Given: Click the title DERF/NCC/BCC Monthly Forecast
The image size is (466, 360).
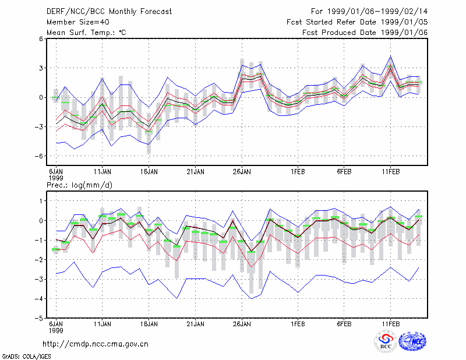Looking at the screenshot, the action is coord(109,12).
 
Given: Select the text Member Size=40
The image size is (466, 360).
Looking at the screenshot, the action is coord(78,22).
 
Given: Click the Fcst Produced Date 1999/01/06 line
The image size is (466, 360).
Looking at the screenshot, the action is coord(365,33).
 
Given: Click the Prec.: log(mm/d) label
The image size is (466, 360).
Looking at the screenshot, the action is coord(79,185).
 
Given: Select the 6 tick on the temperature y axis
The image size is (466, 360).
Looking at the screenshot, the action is coord(41,38).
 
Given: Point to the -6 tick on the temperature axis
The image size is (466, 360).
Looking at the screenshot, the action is coord(39,156).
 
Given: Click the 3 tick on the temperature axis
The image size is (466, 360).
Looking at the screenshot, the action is coord(41,68).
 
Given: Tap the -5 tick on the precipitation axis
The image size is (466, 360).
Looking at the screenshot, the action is coord(39,318).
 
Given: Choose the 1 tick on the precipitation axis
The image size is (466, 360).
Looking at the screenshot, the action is coord(41,201).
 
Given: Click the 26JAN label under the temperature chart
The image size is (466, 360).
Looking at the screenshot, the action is coord(242,172).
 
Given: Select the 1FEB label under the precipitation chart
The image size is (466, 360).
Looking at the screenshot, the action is coord(298,324).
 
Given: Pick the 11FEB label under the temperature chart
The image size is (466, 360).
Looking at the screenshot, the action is coord(391,172).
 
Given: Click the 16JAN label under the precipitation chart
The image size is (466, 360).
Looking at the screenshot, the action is coord(149,324).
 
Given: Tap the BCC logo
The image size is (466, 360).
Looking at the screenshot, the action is coord(386,342).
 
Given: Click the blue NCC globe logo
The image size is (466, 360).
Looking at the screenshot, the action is coord(412,341).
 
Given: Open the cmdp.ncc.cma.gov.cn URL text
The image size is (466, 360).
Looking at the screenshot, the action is coord(96,344).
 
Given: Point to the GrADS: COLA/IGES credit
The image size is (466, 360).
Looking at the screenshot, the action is coord(26,357).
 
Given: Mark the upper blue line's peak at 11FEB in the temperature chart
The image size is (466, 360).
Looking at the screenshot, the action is coord(391,55).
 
